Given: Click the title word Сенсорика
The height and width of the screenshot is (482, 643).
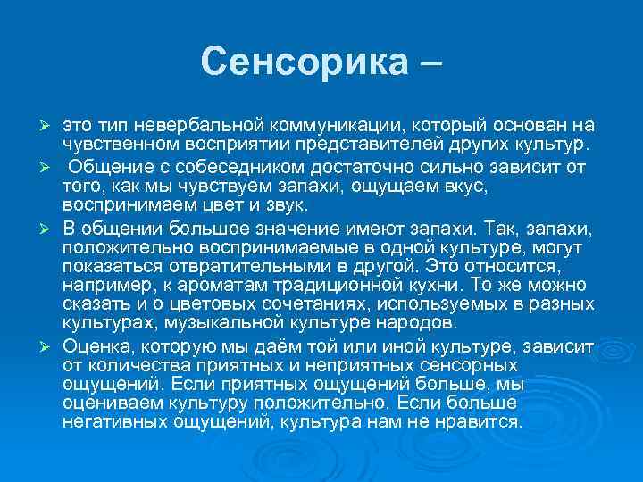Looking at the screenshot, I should click(304, 62).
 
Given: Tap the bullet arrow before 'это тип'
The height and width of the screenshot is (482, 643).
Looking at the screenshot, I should click(54, 126).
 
